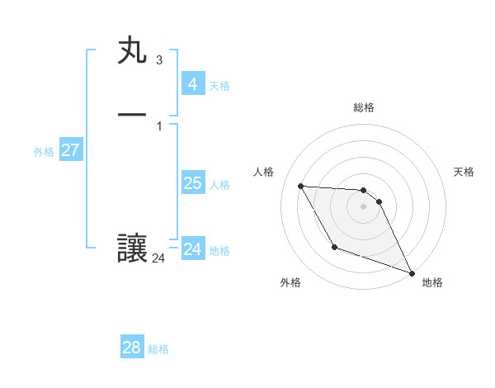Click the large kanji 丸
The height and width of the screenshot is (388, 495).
point(132,51)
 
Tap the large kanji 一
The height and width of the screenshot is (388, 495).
point(132,114)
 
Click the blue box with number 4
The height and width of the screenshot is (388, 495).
point(192,84)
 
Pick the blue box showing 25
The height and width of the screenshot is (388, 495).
point(192,183)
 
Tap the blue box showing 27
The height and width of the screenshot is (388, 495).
point(71,150)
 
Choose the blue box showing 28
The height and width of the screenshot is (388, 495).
point(132,348)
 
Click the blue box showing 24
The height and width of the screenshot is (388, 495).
point(192,249)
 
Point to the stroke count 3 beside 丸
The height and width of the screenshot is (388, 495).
point(158,60)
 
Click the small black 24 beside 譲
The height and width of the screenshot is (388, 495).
point(158,258)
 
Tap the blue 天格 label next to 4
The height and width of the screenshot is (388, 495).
point(219,86)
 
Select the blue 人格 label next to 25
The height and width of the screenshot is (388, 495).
point(219,185)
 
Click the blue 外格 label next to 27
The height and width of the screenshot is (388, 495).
point(44,152)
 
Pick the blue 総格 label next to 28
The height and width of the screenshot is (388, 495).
point(158,349)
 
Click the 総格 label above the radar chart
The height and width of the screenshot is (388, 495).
point(363,107)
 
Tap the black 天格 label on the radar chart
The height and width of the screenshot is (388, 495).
point(464,172)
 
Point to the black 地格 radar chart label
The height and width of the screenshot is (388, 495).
point(432,282)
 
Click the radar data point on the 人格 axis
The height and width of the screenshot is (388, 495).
point(300,186)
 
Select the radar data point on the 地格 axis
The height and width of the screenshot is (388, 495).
point(412,272)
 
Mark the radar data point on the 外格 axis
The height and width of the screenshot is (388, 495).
point(334,247)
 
